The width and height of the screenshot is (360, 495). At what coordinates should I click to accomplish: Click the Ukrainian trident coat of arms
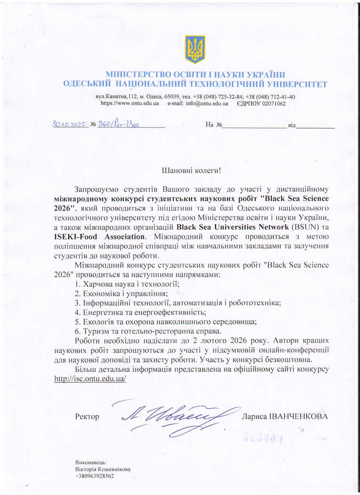(x=194, y=49)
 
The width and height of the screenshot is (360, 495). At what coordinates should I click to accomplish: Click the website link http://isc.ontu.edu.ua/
(x=90, y=378)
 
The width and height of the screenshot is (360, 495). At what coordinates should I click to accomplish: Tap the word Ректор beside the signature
(x=87, y=416)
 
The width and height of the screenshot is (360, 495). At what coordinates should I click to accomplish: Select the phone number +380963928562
(x=95, y=476)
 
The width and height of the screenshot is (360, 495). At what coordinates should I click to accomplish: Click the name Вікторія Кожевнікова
(x=103, y=469)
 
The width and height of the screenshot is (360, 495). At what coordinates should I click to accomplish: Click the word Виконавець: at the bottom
(x=91, y=462)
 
